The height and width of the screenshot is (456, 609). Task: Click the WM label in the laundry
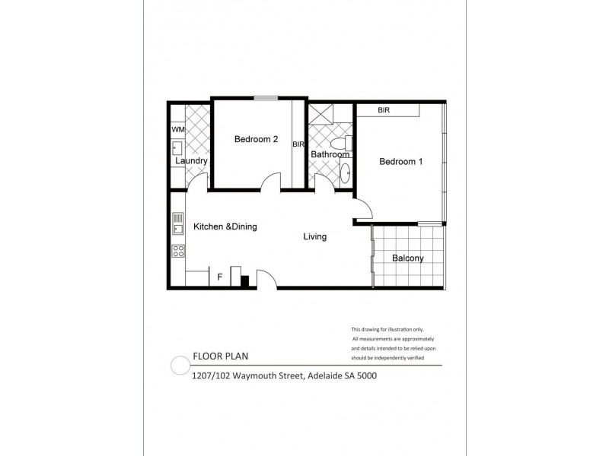(178, 130)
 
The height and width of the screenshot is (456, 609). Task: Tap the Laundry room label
(191, 162)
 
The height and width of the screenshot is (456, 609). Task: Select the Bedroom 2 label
(255, 139)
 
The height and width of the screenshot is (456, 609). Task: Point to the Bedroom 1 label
(400, 162)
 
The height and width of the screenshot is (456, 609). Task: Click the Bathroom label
(330, 155)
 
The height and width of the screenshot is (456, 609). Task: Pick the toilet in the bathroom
(347, 142)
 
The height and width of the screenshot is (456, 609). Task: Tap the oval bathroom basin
(345, 171)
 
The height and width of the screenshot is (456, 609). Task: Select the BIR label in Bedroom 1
(384, 111)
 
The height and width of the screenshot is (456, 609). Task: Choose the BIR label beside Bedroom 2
(298, 144)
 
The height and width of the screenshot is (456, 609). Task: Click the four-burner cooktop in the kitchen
(178, 250)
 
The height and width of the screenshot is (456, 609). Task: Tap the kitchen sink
(178, 223)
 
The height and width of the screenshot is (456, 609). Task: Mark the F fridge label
(220, 277)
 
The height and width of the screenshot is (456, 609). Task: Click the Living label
(314, 237)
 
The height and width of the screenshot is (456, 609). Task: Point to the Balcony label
(407, 258)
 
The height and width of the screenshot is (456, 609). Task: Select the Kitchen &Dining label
(225, 226)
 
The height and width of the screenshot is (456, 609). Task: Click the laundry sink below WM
(177, 148)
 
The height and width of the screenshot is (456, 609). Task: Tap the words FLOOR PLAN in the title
(218, 356)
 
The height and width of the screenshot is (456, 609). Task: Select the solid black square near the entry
(245, 280)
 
